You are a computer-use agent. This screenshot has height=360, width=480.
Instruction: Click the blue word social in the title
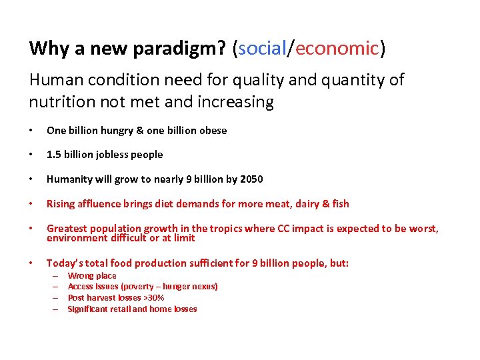pos(262,48)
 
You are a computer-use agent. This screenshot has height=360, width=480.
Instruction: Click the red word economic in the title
pos(337,48)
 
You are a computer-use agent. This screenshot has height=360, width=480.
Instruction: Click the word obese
pos(212,131)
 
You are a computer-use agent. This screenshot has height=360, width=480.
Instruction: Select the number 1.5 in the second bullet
pos(54,155)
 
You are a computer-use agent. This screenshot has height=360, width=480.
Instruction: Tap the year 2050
pos(251,179)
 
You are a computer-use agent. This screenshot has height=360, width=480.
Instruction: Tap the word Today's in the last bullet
pos(63,263)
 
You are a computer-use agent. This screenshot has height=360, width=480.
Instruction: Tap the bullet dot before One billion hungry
pos(32,131)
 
